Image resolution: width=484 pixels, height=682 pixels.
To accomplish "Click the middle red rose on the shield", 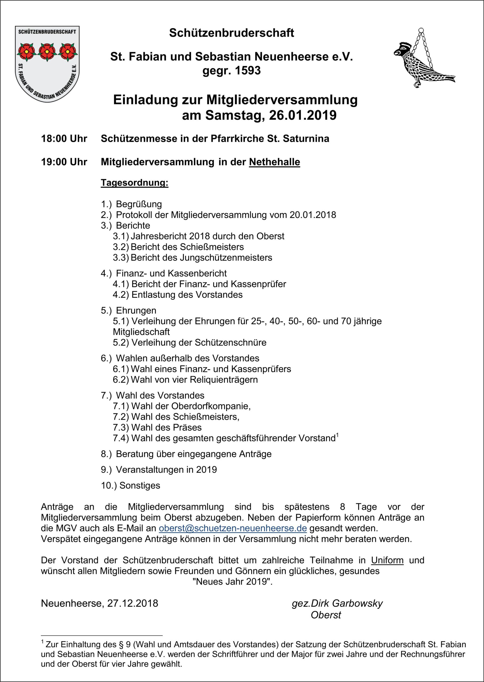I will (x=47, y=51).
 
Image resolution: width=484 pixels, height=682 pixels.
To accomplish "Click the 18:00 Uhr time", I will (x=64, y=139).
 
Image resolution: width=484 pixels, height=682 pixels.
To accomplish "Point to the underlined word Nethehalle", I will (x=274, y=162).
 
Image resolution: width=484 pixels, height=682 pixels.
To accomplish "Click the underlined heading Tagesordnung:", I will (x=134, y=182).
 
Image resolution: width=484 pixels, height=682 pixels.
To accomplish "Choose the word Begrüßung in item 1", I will (x=139, y=204).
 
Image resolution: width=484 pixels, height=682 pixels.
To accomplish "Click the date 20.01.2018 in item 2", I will (x=313, y=215).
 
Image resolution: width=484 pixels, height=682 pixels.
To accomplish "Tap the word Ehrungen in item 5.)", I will (x=136, y=310).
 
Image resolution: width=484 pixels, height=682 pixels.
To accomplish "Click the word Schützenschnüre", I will (x=231, y=343).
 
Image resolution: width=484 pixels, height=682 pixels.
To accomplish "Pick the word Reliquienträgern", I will (x=223, y=380).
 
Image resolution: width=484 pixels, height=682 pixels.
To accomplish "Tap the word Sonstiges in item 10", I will (x=140, y=486).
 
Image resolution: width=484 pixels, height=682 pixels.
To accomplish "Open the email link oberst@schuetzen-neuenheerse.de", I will (x=233, y=528).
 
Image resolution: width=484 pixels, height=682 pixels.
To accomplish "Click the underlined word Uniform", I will (x=387, y=560).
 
